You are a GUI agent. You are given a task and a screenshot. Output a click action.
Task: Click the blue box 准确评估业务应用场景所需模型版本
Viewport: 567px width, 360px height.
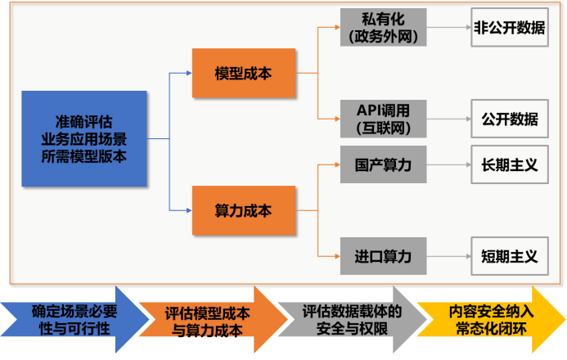coord(84,138)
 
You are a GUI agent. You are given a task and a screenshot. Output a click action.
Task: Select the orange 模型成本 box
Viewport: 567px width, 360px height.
coord(243,74)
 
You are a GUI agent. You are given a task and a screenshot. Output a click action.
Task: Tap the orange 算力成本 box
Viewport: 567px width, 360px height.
coord(243,211)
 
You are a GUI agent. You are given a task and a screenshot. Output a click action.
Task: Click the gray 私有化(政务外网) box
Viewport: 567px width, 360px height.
coord(383,28)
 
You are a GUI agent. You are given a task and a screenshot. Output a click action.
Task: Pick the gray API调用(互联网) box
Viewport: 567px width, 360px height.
coord(383,119)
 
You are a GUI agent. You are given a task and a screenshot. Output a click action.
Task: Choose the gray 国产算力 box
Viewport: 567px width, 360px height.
coord(383,165)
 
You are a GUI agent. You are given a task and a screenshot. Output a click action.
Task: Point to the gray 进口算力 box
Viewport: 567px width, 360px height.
coord(383,257)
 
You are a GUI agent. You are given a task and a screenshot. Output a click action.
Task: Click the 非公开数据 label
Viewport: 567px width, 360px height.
coord(509,28)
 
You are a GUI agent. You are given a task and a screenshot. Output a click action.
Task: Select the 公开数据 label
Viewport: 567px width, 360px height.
coord(509,119)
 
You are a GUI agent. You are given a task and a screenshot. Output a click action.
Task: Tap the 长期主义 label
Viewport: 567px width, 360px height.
coord(509,165)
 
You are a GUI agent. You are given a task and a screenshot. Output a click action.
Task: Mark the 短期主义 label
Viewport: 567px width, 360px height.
coord(509,257)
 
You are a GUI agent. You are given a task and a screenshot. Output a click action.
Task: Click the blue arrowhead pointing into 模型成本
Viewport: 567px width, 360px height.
coord(187,74)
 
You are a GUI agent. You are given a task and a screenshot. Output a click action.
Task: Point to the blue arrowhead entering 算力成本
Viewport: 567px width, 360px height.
coord(187,211)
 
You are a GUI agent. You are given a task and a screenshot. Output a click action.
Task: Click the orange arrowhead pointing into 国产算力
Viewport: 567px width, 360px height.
coord(335,165)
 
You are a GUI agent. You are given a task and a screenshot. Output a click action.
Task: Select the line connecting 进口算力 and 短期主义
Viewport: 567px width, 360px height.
coord(448,257)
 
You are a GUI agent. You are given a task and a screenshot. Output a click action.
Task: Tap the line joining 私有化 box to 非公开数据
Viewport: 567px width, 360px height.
coord(448,28)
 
